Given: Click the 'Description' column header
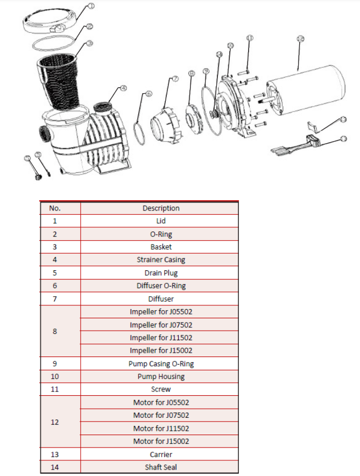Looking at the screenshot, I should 160,208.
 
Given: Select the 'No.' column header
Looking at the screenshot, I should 55,208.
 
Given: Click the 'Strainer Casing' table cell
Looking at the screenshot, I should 160,260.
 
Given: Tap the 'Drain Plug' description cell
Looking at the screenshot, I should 160,273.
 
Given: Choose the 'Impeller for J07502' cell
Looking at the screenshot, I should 160,325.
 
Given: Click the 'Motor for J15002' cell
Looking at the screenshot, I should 160,441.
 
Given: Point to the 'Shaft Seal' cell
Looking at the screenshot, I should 160,467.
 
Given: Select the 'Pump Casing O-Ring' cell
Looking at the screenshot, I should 160,363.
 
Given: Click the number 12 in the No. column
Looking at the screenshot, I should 55,422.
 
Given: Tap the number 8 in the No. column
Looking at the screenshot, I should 55,331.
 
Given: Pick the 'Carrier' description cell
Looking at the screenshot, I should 160,454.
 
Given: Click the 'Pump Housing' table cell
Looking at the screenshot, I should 160,376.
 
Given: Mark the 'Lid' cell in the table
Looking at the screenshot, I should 160,221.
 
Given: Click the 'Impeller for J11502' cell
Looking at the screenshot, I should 160,338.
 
